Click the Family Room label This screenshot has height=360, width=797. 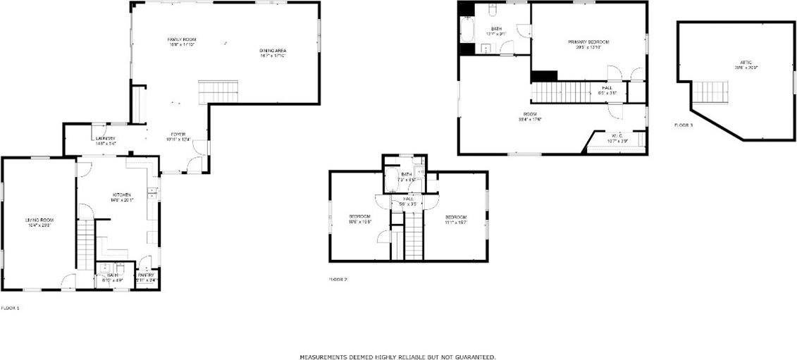coord(181,38)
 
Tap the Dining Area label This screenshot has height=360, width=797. coord(273,50)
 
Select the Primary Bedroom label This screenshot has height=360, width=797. coord(588,42)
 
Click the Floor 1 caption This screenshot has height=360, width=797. coord(10,308)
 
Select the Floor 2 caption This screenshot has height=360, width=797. coord(338,280)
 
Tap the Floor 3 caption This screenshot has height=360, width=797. coord(684,125)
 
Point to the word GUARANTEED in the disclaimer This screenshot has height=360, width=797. coord(474,357)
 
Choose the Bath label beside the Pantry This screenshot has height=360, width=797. coord(112,275)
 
